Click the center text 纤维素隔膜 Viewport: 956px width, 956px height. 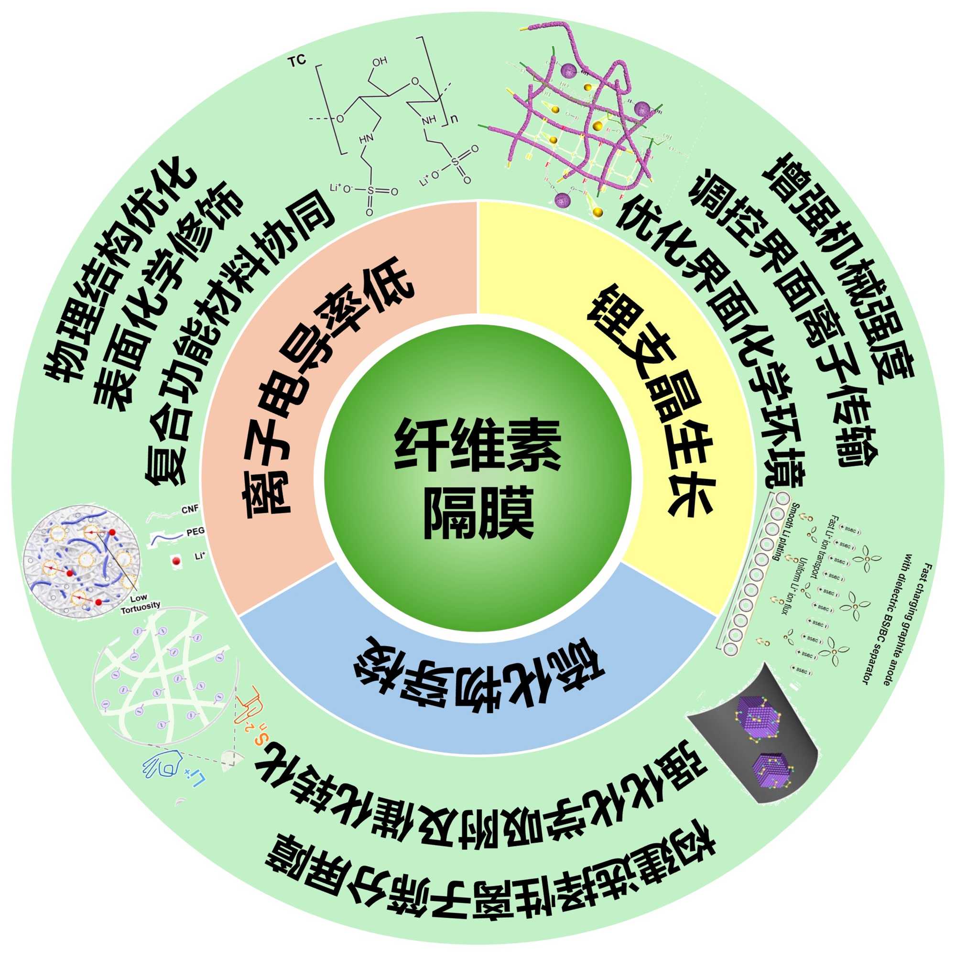478,478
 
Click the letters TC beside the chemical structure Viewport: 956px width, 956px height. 297,60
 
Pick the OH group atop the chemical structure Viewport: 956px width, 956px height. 380,62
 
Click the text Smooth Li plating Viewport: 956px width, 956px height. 785,532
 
